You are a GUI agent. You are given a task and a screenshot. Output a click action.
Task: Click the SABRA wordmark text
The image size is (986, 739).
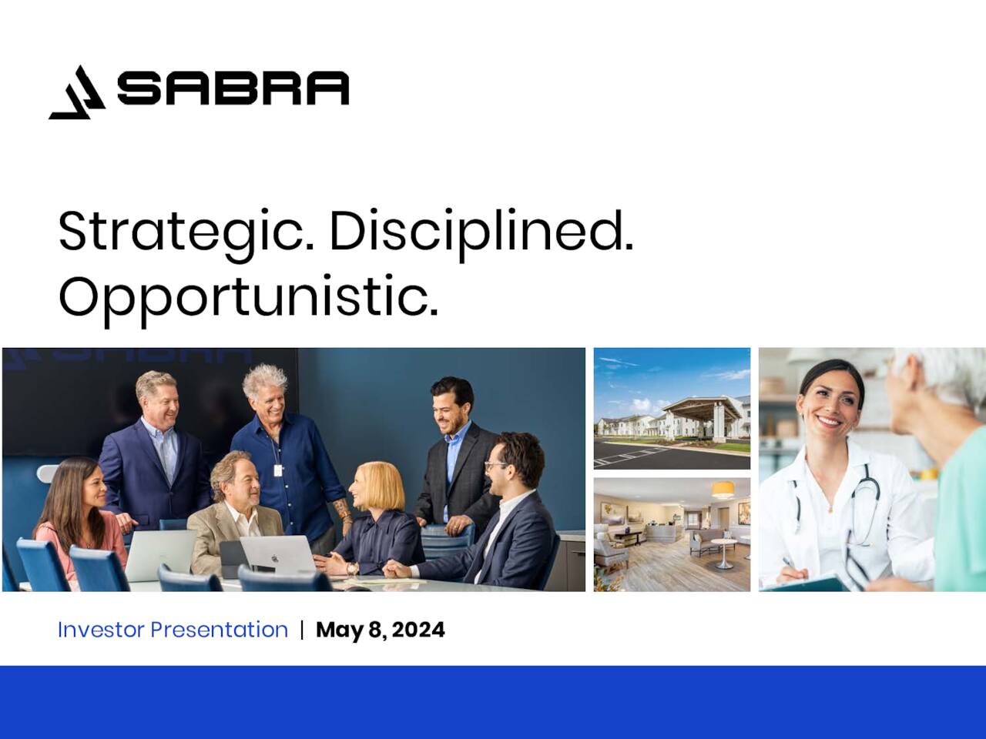click(x=233, y=89)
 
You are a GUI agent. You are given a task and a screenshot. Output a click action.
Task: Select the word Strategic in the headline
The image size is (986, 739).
click(x=185, y=231)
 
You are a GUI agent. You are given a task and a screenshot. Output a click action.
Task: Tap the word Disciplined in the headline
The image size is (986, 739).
click(x=481, y=231)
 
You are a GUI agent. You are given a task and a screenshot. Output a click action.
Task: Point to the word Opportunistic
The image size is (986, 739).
click(x=248, y=296)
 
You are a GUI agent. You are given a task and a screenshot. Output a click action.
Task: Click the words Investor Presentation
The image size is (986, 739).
click(x=173, y=630)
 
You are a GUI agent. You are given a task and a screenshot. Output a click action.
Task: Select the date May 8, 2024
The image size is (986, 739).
click(x=380, y=630)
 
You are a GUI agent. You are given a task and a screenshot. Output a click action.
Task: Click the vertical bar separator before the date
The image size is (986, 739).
click(x=302, y=630)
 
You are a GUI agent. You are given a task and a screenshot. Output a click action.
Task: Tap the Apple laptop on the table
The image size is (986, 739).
click(x=277, y=553)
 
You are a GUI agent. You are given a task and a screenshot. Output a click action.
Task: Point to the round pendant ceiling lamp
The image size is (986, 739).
click(x=722, y=490)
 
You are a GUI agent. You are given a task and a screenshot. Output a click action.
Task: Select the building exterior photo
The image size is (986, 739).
click(x=672, y=408)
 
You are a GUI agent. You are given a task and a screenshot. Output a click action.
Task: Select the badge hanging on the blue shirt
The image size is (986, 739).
click(x=278, y=469)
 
